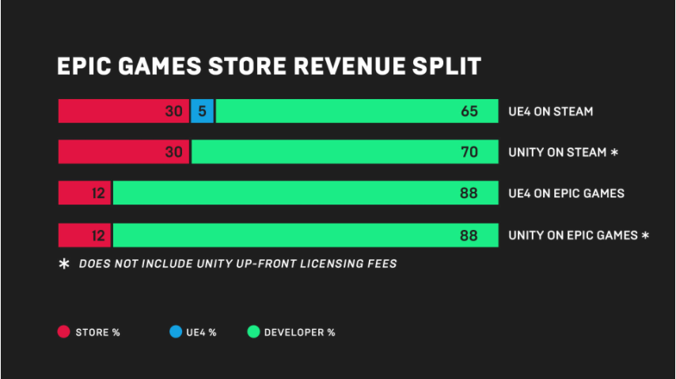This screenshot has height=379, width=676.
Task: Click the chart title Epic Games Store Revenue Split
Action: [x=268, y=66]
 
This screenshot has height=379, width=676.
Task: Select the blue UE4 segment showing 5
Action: [x=202, y=111]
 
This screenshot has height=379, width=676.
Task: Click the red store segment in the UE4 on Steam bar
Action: [x=123, y=111]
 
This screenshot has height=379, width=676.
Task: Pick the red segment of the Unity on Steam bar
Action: [x=123, y=151]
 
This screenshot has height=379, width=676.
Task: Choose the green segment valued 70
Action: [x=345, y=151]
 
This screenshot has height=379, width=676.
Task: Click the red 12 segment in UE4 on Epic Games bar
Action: [x=85, y=193]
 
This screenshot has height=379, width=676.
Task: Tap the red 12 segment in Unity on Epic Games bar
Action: [x=85, y=235]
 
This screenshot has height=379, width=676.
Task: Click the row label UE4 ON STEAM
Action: [x=550, y=112]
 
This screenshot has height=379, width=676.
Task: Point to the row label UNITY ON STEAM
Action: [x=557, y=152]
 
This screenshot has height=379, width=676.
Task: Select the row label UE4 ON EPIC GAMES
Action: [x=566, y=193]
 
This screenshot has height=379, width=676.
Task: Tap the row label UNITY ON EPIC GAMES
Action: [x=573, y=235]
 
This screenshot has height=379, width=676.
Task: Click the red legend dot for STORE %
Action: [x=63, y=331]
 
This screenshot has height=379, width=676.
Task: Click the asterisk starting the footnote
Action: [x=64, y=263]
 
